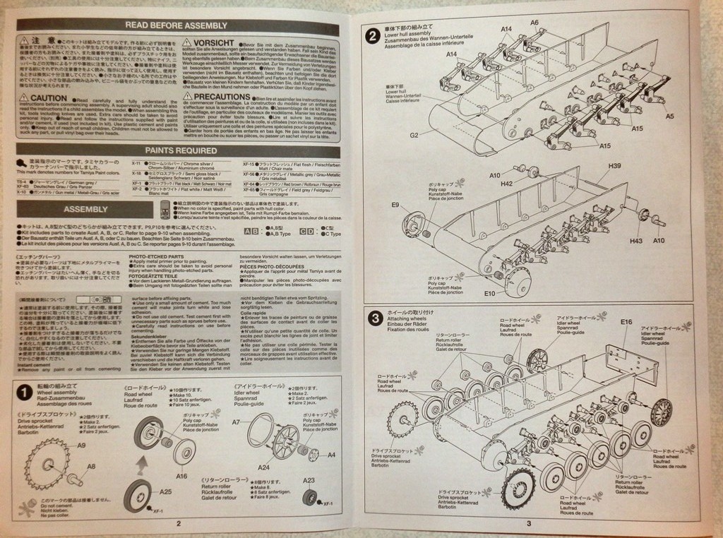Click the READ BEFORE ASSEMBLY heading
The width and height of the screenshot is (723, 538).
176,26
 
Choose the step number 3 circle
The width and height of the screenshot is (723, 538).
376,318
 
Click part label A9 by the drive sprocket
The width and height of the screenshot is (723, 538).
81,446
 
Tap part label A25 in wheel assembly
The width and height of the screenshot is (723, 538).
166,491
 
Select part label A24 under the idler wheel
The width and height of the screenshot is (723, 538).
263,467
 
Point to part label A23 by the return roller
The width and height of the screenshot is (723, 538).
309,481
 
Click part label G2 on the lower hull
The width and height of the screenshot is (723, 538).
414,135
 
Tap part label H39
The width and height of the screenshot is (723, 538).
614,166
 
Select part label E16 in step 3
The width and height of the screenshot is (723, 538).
627,322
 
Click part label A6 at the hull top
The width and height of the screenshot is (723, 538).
534,23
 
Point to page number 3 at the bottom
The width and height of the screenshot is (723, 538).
528,523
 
